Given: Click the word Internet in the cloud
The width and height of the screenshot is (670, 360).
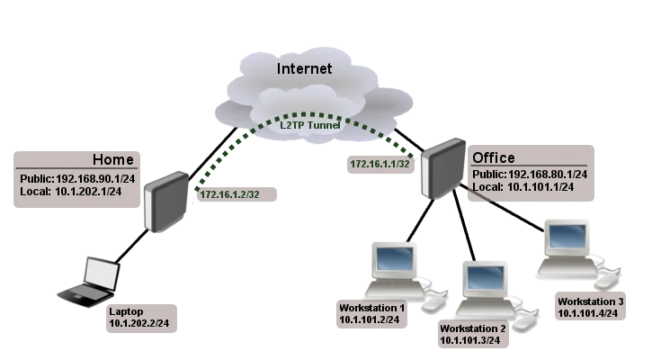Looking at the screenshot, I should click(304, 68).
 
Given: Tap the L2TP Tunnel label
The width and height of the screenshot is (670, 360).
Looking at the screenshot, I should click(308, 125).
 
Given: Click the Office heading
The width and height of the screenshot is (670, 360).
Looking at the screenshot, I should click(494, 158).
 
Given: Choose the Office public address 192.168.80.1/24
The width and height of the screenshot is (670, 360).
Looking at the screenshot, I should click(530, 174).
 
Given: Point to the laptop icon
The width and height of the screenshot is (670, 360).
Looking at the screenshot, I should click(92, 282).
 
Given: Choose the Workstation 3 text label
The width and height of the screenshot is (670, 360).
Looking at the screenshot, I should click(590, 301).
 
